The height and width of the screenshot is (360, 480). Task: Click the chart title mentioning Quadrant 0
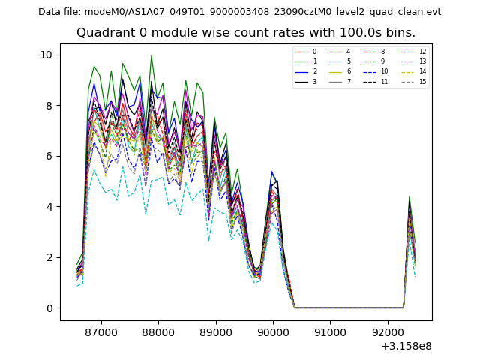[245, 33]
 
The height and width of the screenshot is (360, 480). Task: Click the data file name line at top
[239, 12]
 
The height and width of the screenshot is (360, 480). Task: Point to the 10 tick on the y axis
[46, 55]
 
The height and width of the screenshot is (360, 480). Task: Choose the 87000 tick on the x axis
[101, 331]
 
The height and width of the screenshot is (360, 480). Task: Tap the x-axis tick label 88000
[159, 331]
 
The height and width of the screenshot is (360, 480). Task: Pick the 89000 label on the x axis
[216, 331]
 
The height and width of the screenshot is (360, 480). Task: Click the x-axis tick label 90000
[273, 331]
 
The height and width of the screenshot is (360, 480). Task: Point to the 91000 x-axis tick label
[330, 331]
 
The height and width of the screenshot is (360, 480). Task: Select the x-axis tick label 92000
[388, 331]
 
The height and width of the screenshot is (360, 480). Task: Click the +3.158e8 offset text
[405, 346]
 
